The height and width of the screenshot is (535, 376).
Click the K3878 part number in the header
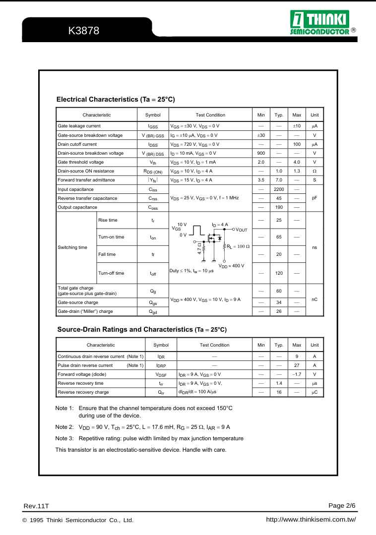pos(84,31)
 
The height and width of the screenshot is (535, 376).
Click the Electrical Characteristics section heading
pos(116,99)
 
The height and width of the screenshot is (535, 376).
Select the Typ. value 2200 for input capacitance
pos(279,189)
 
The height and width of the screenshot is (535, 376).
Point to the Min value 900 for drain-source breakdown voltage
pos(261,153)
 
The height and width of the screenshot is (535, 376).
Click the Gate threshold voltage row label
pos(81,162)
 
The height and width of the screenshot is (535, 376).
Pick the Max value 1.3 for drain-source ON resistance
pos(297,171)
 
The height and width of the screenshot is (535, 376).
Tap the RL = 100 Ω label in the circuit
pos(238,246)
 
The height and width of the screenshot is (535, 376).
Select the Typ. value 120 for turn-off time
pos(279,273)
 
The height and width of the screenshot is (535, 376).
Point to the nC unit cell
pos(314,299)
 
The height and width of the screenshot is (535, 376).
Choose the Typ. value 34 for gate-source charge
pos(279,302)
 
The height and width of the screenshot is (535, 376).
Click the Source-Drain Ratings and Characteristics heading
pos(142,329)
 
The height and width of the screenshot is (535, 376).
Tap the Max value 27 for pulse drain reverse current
pos(297,365)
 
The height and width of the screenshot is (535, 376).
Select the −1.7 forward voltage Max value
pos(297,374)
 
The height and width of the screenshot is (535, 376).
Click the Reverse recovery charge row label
pos(83,392)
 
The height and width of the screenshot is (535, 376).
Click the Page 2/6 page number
pos(342,505)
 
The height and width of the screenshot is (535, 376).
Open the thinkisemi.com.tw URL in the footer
pos(311,520)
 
